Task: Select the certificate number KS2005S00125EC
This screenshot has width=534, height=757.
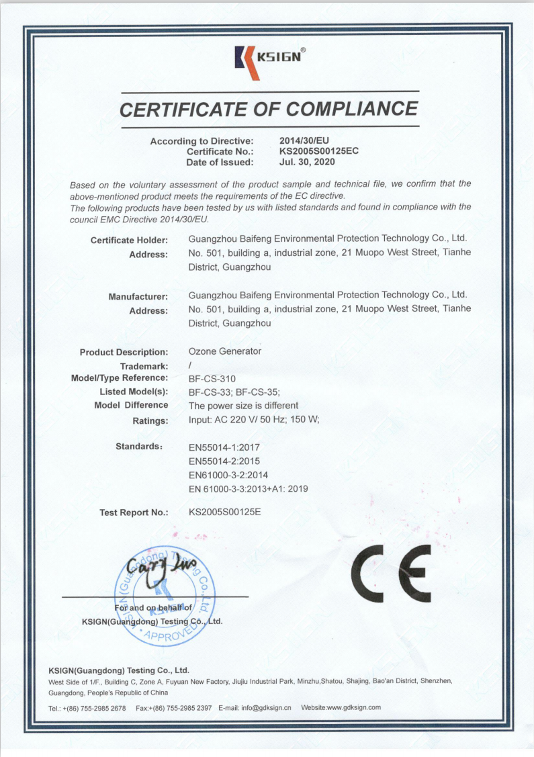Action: coord(318,151)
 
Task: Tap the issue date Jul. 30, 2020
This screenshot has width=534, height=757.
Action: coord(306,162)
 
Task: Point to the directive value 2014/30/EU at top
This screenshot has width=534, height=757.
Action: coord(304,140)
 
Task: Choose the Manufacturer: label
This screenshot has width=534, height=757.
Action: coord(138,296)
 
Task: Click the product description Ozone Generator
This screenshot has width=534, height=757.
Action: coord(224,351)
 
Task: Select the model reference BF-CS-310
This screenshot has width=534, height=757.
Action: coord(212,379)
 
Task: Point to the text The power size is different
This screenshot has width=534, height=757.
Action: coord(243,406)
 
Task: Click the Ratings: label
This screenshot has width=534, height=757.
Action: coord(150,421)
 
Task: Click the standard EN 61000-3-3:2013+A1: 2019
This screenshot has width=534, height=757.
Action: coord(248,489)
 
